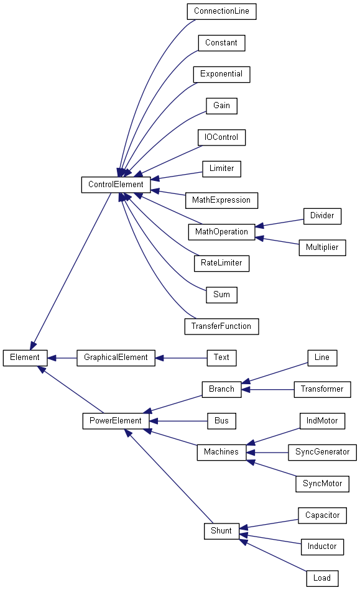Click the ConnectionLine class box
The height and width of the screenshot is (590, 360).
point(221,12)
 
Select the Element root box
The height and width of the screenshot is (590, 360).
point(25,358)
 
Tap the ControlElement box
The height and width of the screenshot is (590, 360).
point(116,185)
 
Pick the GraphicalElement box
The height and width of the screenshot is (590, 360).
point(116,358)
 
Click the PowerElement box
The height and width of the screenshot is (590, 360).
point(116,421)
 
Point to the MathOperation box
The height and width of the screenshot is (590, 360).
point(221,232)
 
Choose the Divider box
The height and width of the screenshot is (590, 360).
point(322,216)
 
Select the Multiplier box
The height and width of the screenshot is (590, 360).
point(322,247)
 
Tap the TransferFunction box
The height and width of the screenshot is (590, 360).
point(221,326)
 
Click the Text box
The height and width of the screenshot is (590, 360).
point(221,358)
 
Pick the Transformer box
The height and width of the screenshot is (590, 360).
point(322,389)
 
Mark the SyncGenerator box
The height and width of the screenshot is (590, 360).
point(322,452)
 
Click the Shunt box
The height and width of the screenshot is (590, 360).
point(221,531)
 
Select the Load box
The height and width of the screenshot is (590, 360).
point(322,578)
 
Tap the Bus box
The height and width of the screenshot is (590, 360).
point(221,421)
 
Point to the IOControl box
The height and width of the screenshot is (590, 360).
point(221,137)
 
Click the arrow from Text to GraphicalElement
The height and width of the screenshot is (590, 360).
point(181,358)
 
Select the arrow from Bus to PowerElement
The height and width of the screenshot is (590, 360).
point(178,421)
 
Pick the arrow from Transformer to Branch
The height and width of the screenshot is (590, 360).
point(267,389)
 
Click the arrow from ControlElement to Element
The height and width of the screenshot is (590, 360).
point(71,271)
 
